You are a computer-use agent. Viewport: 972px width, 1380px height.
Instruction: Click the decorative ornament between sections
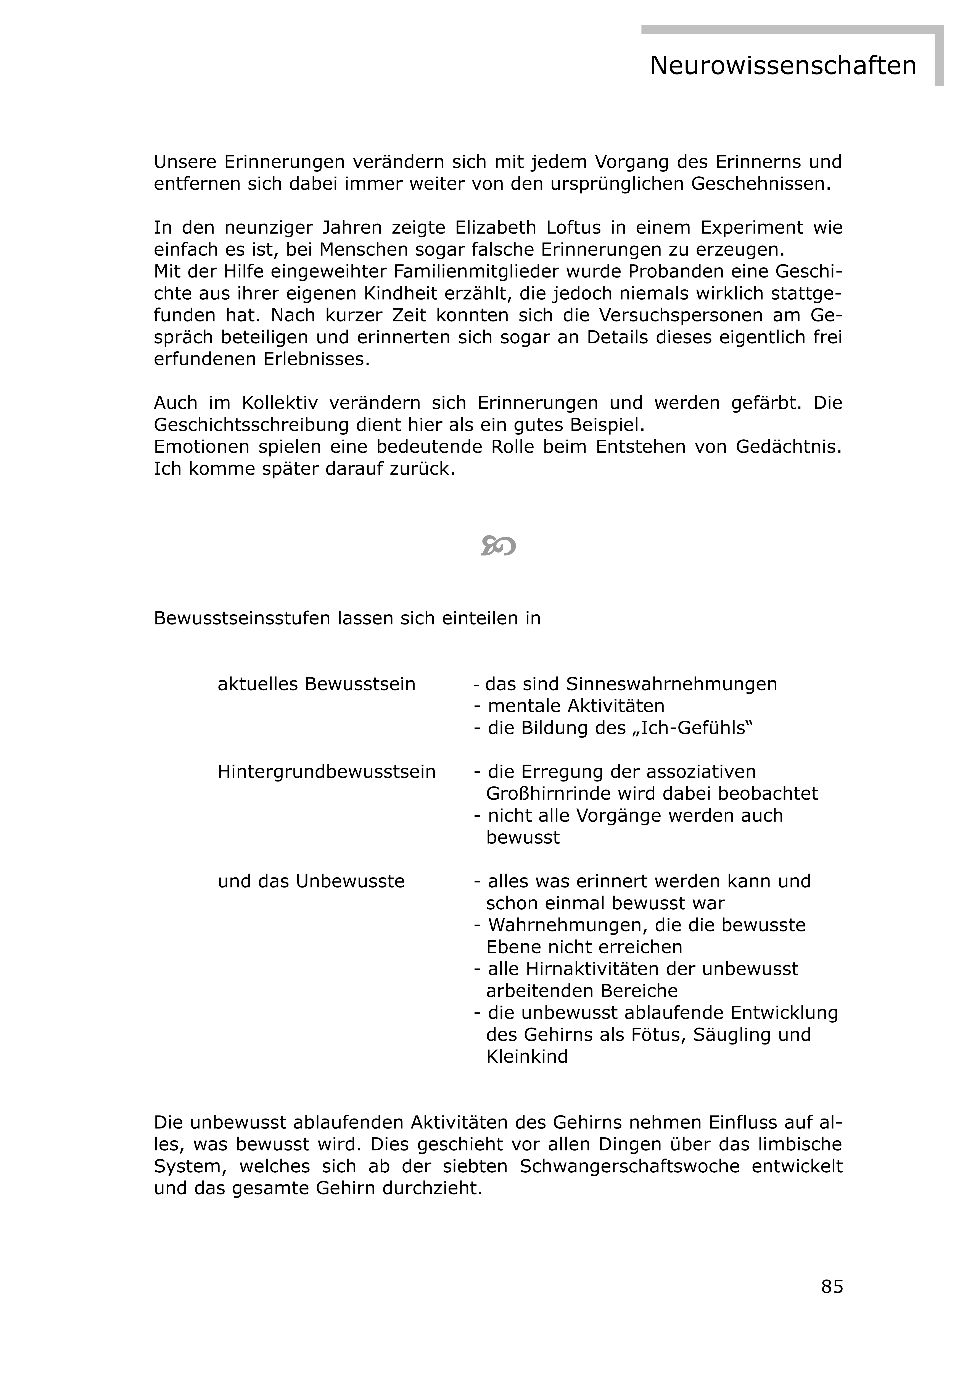point(498,546)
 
